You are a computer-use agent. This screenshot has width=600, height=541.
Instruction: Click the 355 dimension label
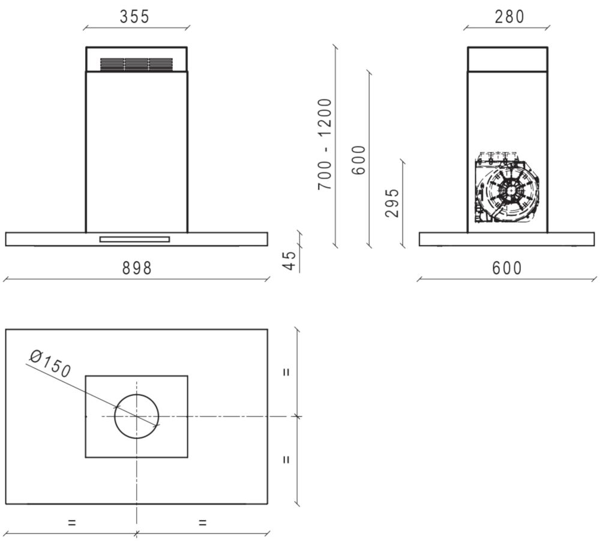[x=134, y=17]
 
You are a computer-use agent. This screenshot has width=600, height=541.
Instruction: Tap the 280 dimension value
[x=509, y=17]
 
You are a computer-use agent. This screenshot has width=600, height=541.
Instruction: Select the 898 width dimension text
[x=137, y=268]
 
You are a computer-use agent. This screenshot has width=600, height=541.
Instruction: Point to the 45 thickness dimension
[x=290, y=261]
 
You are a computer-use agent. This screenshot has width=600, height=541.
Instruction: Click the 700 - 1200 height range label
[x=325, y=144]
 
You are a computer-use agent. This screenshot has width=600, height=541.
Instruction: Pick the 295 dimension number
[x=392, y=203]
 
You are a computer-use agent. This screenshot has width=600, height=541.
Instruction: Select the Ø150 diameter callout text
[x=50, y=364]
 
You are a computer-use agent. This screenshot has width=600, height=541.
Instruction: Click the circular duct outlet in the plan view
[x=137, y=394]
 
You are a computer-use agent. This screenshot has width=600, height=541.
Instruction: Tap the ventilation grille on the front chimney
[x=136, y=64]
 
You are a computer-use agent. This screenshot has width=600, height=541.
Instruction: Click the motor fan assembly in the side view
[x=508, y=187]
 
